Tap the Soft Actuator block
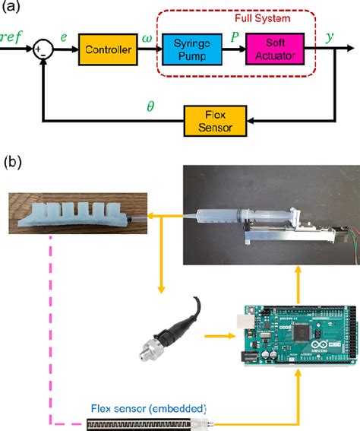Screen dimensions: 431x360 pos(273,52)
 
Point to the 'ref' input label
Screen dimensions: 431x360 pos(13,36)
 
